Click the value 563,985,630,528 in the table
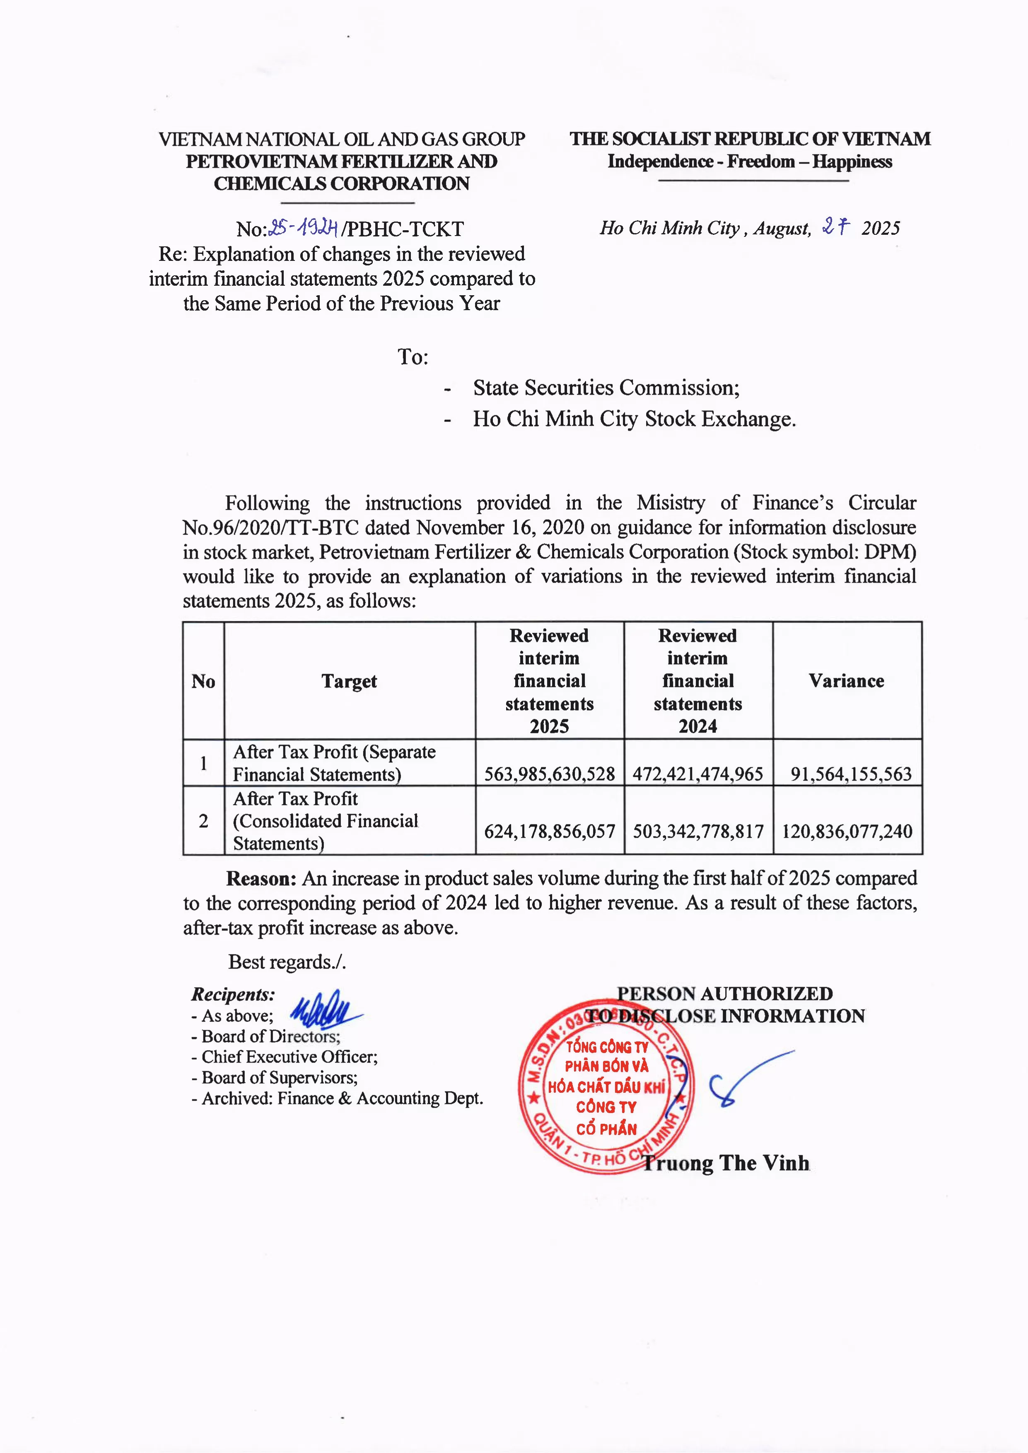click(x=550, y=774)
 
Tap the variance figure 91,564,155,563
click(x=851, y=774)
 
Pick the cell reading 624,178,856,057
click(x=550, y=831)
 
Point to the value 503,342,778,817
click(x=698, y=831)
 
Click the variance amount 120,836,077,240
click(x=847, y=831)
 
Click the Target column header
click(x=349, y=681)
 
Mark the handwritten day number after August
click(x=835, y=227)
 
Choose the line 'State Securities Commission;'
click(x=606, y=387)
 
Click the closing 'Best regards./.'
click(x=287, y=962)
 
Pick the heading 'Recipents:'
click(x=233, y=994)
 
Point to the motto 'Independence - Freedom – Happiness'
click(x=750, y=161)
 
